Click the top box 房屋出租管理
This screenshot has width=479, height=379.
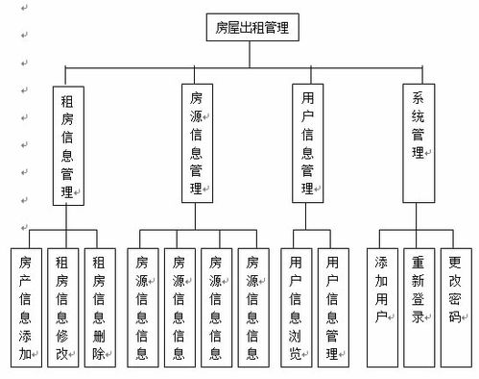pos(252,27)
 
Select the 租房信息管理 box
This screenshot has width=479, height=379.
pos(67,144)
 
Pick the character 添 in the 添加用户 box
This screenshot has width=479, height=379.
pos(382,263)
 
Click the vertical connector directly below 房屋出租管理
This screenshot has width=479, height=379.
pos(252,54)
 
